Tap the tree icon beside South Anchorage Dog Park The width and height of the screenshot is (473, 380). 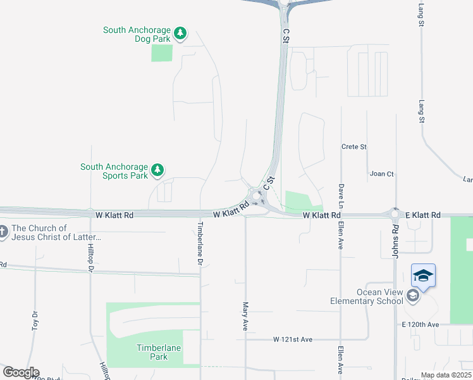coord(180,33)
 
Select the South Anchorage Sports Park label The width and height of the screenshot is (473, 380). coord(114,171)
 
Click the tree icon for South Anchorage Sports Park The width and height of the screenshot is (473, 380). coord(157,170)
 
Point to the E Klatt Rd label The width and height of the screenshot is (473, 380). coord(423,216)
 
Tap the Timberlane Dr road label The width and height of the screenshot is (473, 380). coord(200,243)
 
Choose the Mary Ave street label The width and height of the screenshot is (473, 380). coord(245,316)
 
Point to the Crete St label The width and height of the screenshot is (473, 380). coord(354,147)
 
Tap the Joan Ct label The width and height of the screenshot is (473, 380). coord(381,174)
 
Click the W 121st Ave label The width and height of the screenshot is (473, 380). coord(293,340)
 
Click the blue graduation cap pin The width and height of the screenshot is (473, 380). coord(423,277)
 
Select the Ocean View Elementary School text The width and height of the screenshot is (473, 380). coord(367,296)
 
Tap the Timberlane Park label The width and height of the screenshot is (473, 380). coord(152,352)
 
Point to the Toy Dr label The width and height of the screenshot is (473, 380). coord(34,321)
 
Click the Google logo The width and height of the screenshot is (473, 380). coord(21,372)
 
